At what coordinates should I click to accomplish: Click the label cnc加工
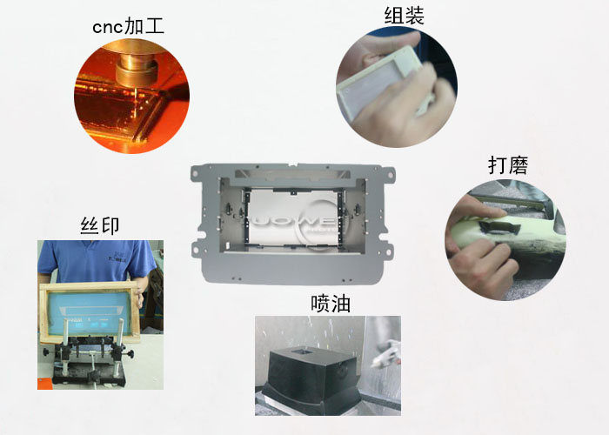(x=129, y=27)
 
